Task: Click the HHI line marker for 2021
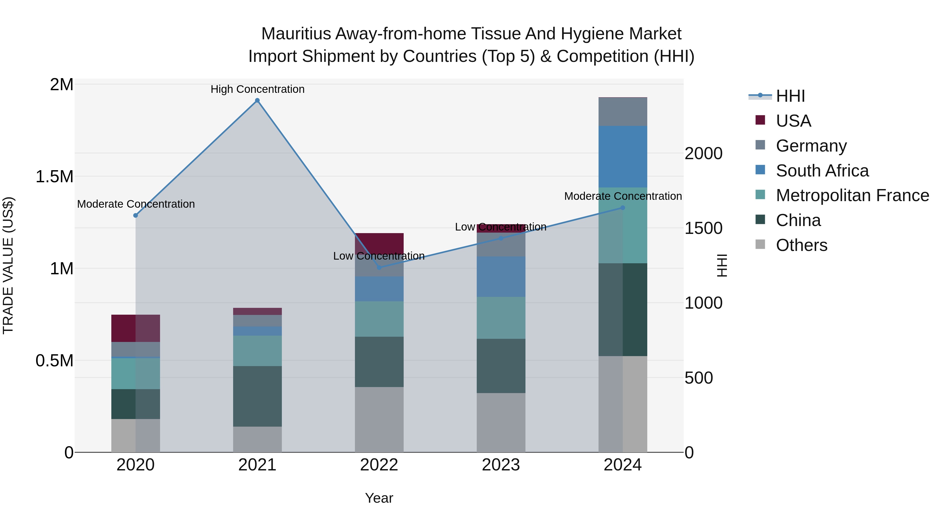(x=257, y=100)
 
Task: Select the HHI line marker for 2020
(x=135, y=216)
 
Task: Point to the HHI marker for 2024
(x=623, y=208)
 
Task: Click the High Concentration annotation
(x=257, y=89)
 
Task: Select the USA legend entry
(x=793, y=121)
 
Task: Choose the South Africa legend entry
(x=822, y=171)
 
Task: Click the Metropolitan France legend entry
(x=852, y=196)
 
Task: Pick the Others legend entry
(x=801, y=245)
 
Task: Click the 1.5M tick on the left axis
(x=54, y=177)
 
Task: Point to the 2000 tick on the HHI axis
(x=703, y=154)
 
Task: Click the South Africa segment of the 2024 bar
(x=623, y=157)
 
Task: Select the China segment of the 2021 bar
(x=257, y=396)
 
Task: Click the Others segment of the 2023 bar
(x=501, y=423)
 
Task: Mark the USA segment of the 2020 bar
(x=135, y=328)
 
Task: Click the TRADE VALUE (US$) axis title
(x=8, y=266)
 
